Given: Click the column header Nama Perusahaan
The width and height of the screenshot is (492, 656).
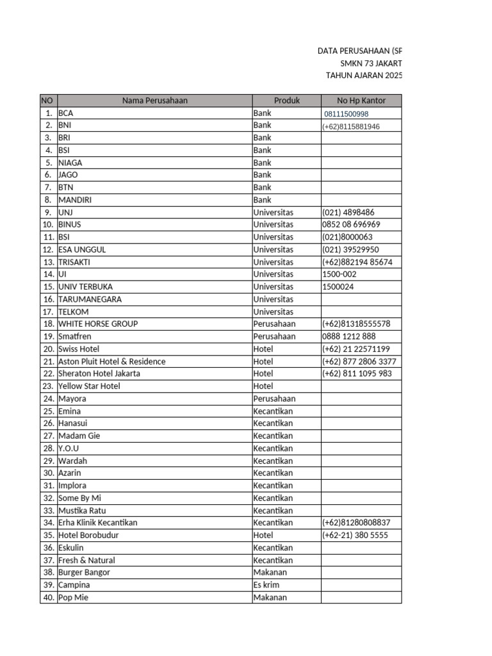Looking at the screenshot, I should click(x=155, y=101).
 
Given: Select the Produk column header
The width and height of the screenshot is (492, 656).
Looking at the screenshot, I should click(x=286, y=101).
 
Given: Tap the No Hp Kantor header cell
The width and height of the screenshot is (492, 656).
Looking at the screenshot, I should click(x=361, y=101).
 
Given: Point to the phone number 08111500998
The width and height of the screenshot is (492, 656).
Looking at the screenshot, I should click(x=347, y=114).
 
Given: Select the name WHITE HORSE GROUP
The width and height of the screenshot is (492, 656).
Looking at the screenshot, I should click(x=98, y=324).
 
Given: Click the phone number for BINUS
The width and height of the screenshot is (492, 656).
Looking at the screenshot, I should click(x=351, y=225).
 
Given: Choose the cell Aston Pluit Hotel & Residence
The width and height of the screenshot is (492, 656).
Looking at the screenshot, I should click(x=111, y=361).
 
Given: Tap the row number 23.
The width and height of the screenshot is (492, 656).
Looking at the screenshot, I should click(x=48, y=386).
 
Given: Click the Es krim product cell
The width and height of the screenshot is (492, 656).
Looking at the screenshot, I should click(x=266, y=585).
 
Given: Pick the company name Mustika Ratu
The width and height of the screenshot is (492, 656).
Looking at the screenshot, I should click(x=82, y=511).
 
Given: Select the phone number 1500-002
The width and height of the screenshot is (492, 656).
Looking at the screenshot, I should click(x=340, y=274).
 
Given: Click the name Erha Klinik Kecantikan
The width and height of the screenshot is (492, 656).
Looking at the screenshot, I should click(x=97, y=523).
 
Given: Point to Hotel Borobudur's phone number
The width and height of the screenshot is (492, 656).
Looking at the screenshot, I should click(x=356, y=536).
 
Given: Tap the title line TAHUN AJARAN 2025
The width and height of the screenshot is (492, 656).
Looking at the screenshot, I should click(x=365, y=76).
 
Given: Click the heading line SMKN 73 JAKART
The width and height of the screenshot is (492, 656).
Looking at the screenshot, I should click(x=371, y=63).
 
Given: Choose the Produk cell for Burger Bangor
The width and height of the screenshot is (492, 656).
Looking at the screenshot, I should click(x=270, y=572).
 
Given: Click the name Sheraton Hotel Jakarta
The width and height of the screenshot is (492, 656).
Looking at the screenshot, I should click(x=99, y=373).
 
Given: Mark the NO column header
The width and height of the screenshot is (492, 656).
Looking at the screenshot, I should click(x=48, y=101).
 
